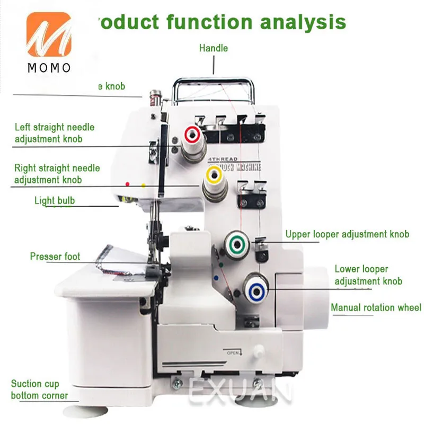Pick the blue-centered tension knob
257,289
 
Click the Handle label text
214,48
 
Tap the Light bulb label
55,200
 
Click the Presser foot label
55,257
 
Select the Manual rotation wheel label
376,307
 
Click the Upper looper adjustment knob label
347,234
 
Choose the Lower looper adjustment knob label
368,276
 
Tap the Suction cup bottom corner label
39,390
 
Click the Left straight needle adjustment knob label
54,133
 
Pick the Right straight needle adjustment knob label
57,174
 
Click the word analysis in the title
303,22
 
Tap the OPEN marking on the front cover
233,352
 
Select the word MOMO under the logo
49,68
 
